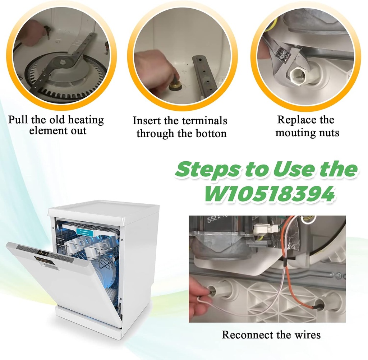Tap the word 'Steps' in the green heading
click(208, 170)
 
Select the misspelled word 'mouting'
click(293, 133)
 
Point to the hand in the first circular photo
click(31, 33)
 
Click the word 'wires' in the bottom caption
click(306, 335)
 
